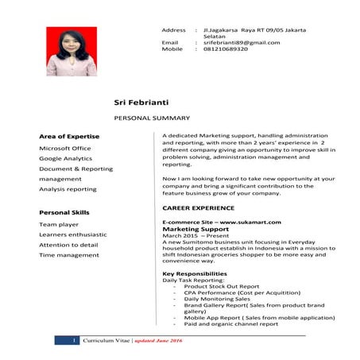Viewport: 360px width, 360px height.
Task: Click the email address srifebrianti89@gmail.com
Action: (242, 42)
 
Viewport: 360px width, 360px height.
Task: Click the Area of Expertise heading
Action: (69, 137)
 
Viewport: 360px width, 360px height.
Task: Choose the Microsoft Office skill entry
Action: (65, 148)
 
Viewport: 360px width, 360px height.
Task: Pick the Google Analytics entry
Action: (66, 158)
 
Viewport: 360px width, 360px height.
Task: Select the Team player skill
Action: (60, 225)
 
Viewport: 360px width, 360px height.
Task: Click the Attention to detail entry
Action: (69, 245)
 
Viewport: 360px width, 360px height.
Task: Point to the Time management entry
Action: (69, 255)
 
